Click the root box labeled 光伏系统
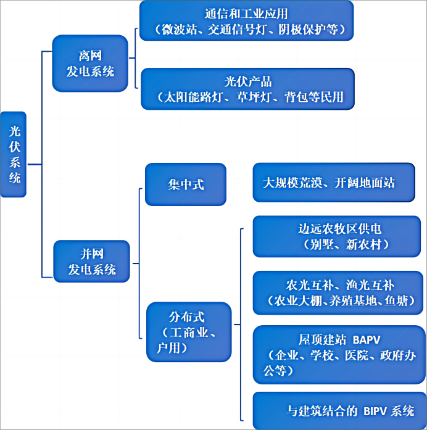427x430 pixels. tap(14, 154)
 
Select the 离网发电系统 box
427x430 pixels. tap(90, 64)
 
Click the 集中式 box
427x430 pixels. tap(186, 184)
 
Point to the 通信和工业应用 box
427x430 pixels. tap(246, 21)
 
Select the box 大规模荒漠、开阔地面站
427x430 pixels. tap(333, 183)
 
